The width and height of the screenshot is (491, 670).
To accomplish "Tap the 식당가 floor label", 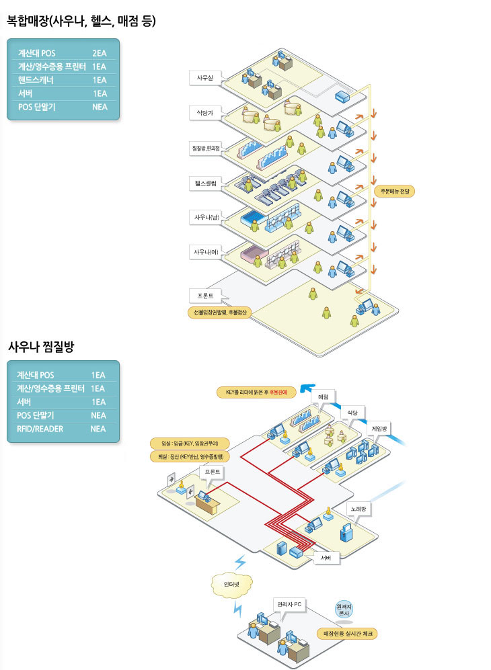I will click(204, 113).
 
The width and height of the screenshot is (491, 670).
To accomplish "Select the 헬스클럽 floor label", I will click(204, 182).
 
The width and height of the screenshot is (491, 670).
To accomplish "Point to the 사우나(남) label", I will click(206, 217).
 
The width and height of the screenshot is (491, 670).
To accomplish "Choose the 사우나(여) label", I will click(206, 252).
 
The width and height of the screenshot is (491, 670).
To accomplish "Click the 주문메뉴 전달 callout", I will click(395, 192).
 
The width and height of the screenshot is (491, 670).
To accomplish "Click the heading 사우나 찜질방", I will click(40, 347).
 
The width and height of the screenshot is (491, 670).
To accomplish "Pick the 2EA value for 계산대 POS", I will click(100, 52).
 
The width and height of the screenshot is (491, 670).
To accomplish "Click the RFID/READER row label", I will click(40, 429).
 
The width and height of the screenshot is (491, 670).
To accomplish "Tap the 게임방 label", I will click(380, 428).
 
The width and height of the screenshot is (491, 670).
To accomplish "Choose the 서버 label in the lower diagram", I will click(326, 558).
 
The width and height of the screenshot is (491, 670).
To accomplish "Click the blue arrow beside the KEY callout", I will click(308, 388).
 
